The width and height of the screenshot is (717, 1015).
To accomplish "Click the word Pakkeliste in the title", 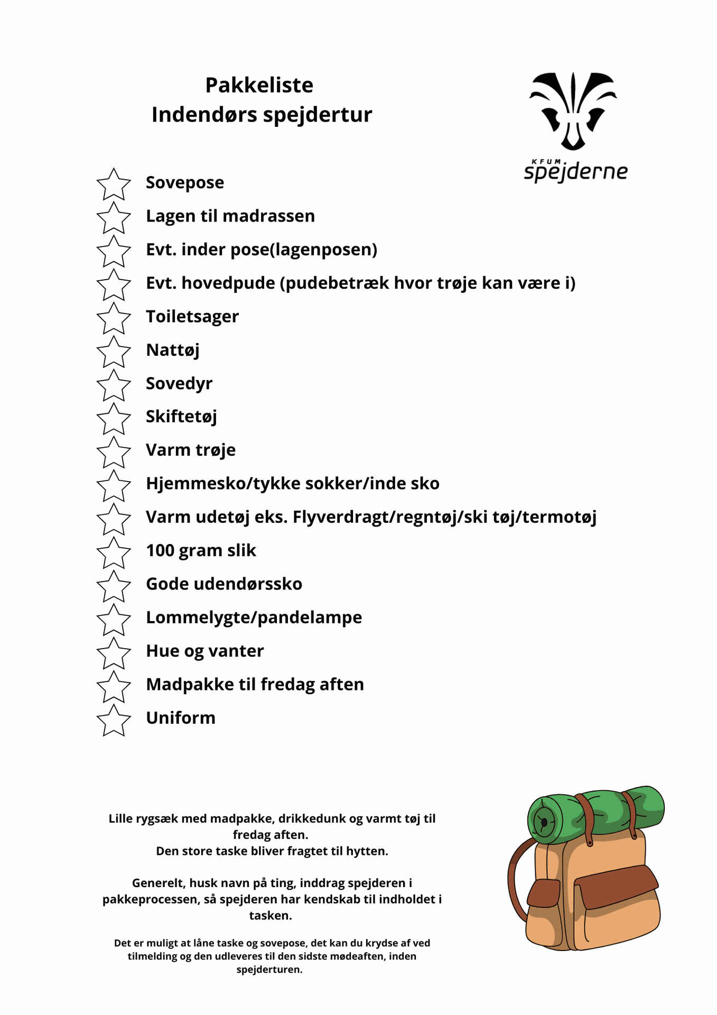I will (x=259, y=85).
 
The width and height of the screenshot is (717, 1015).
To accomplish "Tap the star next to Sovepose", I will (x=114, y=185).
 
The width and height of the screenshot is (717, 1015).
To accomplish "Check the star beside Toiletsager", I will (x=114, y=319).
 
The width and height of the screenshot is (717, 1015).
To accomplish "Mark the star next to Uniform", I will (x=114, y=721).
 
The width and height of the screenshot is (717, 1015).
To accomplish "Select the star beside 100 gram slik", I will (x=114, y=553).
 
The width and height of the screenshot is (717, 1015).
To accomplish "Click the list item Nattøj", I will (x=173, y=350).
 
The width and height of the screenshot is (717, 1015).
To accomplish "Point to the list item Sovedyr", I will (x=179, y=383).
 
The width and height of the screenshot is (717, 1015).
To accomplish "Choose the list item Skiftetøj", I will (x=181, y=417).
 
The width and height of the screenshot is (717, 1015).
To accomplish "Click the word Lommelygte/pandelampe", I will (x=254, y=617).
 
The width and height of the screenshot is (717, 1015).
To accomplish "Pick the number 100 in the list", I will (x=160, y=550).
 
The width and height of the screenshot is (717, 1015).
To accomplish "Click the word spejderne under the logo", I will (x=575, y=172).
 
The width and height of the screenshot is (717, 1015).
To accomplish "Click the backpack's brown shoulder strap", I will (x=515, y=878).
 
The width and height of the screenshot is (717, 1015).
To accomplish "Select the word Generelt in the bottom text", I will (x=156, y=883).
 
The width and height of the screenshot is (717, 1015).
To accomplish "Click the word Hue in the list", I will (x=163, y=651).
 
